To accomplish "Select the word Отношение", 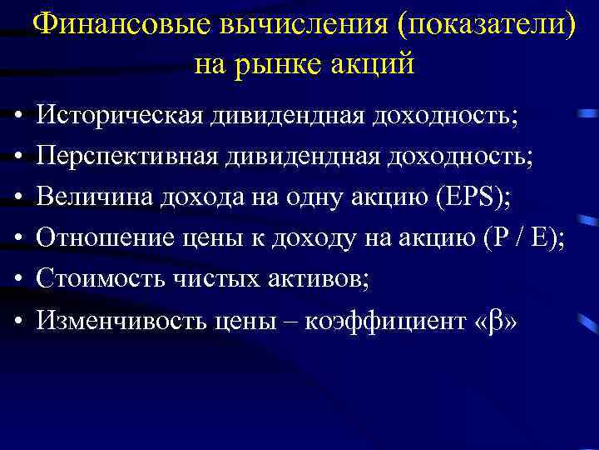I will click(100, 238).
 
